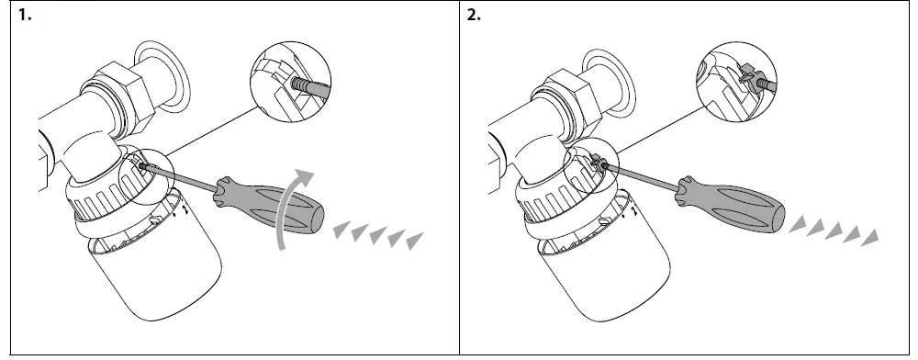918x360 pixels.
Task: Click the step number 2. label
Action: (474, 17)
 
